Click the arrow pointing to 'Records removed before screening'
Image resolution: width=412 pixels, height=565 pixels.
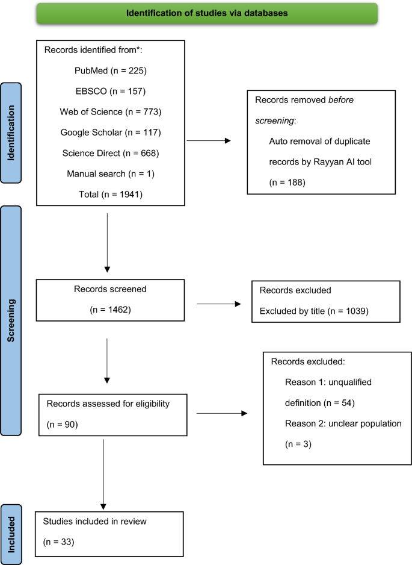tap(209, 141)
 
